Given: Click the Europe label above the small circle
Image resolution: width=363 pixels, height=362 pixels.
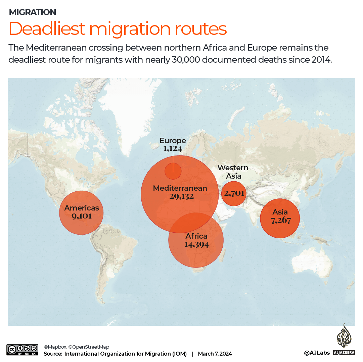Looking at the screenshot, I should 173,140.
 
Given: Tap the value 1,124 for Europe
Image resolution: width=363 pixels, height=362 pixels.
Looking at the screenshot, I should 173,148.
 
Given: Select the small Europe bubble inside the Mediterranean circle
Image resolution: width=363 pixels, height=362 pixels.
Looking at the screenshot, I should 173,171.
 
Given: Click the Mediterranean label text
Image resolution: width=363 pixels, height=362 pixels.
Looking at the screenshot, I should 180,188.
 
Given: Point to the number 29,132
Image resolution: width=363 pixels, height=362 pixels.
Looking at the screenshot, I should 181,196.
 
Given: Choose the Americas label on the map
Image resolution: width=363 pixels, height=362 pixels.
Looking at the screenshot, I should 82,208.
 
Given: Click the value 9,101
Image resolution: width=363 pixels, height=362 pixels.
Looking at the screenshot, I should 82,216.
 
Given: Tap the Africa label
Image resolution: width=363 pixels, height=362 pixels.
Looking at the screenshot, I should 196,236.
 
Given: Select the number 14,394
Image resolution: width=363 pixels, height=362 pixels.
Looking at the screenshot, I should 196,244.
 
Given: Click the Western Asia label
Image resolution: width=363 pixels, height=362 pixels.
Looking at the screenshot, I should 233,172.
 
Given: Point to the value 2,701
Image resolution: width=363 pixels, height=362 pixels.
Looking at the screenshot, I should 234,193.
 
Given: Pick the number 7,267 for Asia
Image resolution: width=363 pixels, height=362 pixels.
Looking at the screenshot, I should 280,220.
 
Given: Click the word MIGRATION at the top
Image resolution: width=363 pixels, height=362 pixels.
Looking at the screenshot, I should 32,12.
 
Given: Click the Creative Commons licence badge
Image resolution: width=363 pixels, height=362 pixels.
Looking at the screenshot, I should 22,350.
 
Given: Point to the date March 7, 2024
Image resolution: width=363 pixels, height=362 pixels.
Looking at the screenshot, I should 215,354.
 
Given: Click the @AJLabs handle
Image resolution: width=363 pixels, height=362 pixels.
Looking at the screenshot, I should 317,353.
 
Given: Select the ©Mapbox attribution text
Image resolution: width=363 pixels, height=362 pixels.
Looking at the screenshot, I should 55,347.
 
